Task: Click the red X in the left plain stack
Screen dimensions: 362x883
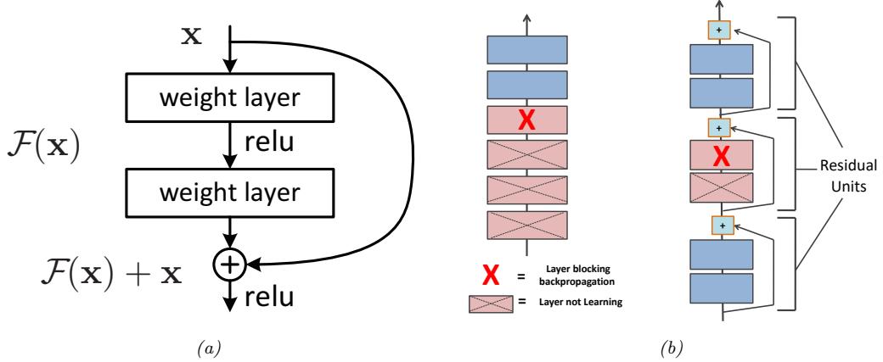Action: [x=526, y=121]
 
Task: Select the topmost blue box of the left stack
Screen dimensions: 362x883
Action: [x=526, y=49]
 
